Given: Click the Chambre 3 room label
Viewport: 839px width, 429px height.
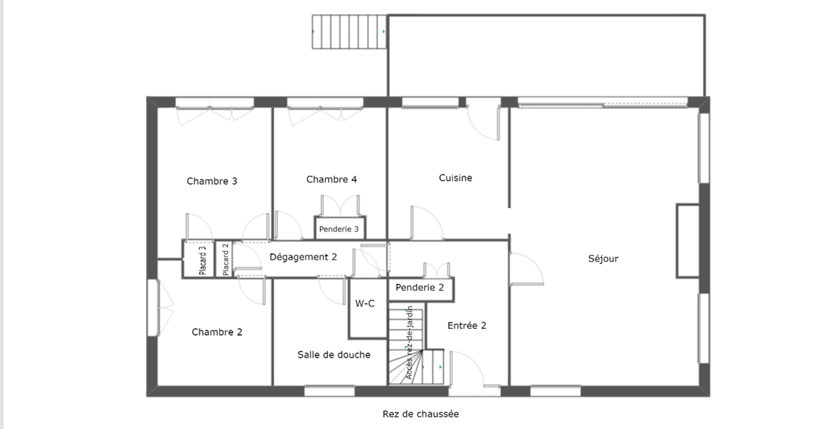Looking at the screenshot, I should click(212, 181).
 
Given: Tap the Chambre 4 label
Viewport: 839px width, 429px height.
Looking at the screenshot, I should click(332, 180).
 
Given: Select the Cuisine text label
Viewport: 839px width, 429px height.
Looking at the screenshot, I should click(456, 178).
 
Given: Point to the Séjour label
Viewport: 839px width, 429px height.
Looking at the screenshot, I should click(603, 259).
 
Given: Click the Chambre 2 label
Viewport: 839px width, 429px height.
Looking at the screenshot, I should click(217, 332).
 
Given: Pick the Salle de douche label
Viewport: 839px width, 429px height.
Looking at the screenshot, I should click(334, 355).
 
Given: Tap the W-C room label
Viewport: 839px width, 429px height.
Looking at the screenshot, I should click(364, 304).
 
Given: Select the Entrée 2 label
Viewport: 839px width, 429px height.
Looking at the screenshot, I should click(467, 325).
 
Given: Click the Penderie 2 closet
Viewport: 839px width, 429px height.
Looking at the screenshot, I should click(420, 288).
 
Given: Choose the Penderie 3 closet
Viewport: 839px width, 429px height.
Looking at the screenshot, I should click(339, 229).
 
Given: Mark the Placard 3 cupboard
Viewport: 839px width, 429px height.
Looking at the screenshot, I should click(202, 260).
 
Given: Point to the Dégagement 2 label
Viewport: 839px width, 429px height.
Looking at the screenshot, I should click(303, 257).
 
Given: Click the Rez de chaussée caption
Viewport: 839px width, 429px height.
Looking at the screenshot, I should click(421, 414).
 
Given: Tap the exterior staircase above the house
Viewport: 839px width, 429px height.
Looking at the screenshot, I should click(349, 32).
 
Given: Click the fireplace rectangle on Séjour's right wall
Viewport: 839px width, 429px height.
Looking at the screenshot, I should click(687, 240).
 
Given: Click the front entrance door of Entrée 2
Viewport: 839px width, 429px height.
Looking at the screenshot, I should click(465, 369).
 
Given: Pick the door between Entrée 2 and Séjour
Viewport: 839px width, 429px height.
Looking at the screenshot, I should click(524, 269).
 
